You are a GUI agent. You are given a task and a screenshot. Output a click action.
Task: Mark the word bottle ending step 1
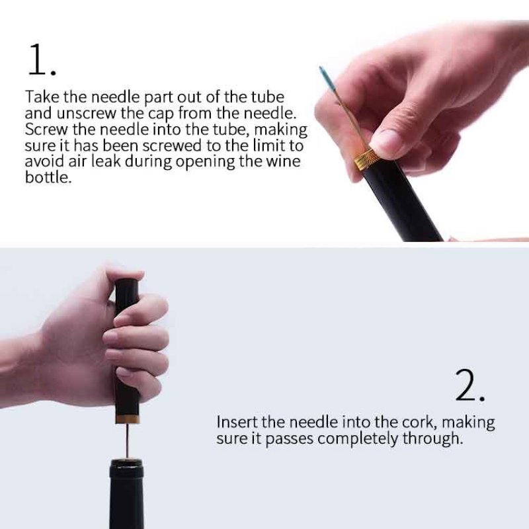pyautogui.click(x=47, y=178)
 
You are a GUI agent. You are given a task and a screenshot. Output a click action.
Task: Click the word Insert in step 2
pyautogui.click(x=237, y=423)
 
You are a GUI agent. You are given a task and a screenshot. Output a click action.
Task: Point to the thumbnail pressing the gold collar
pyautogui.click(x=385, y=140)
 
